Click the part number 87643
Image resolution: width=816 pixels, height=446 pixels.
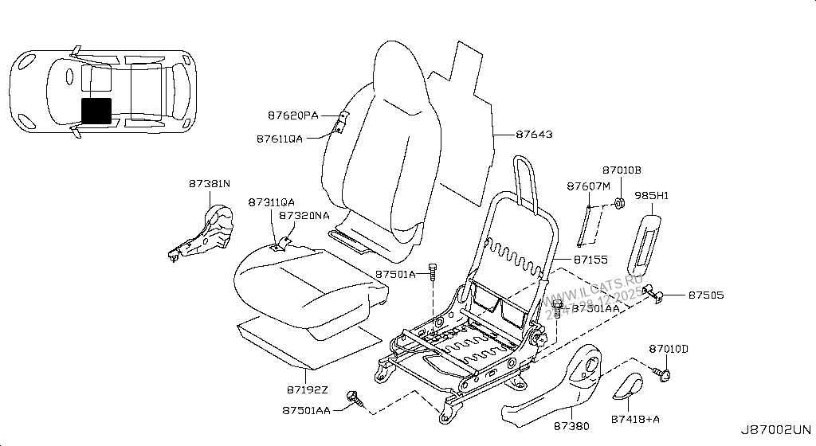pos(534,135)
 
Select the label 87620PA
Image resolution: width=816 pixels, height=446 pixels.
pos(292,115)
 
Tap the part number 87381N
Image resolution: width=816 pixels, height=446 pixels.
pos(210,184)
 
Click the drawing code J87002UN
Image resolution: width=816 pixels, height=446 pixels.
pos(780,428)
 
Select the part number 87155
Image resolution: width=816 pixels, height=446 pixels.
pos(590,260)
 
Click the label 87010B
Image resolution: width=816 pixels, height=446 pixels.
pos(622,170)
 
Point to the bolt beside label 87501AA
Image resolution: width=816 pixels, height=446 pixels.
pos(353,397)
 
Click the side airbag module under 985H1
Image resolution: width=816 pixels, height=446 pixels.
pos(644,239)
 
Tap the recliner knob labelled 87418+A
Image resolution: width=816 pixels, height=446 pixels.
pos(630,388)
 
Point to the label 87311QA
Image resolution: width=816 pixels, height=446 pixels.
pos(271,202)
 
